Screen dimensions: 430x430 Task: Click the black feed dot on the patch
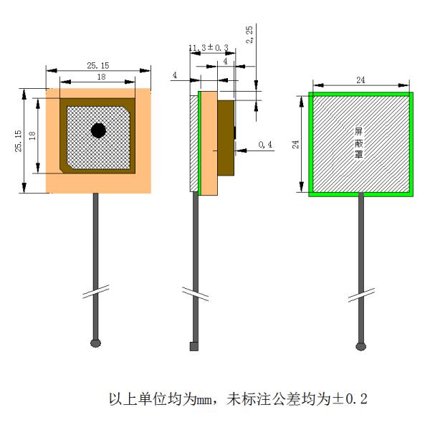click(98, 130)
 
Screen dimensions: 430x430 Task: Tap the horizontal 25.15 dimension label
click(98, 65)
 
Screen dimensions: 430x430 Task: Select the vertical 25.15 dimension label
click(18, 141)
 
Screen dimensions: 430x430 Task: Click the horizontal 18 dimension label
click(102, 77)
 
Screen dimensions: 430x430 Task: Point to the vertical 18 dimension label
click(32, 135)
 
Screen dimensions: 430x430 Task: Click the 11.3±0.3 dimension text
click(209, 48)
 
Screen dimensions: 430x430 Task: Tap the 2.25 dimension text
click(249, 34)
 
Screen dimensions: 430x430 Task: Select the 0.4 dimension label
click(265, 144)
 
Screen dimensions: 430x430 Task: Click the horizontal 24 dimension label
click(360, 80)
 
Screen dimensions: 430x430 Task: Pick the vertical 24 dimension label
click(295, 144)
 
